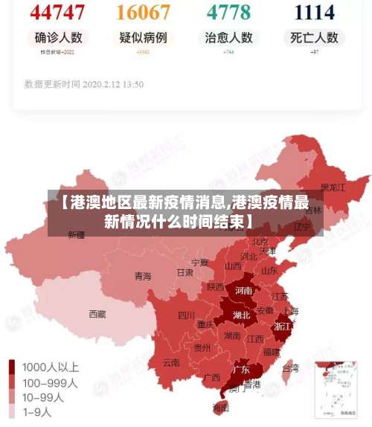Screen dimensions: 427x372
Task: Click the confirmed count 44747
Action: pyautogui.click(x=58, y=12)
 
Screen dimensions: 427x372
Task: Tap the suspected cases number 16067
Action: pyautogui.click(x=143, y=12)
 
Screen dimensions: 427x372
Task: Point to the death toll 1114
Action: pyautogui.click(x=315, y=12)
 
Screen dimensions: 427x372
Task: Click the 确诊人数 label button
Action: pyautogui.click(x=58, y=37)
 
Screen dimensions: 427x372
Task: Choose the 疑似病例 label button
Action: pyautogui.click(x=143, y=37)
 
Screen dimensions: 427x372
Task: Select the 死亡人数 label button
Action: pyautogui.click(x=315, y=37)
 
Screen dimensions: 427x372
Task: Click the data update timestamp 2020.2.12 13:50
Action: pyautogui.click(x=83, y=84)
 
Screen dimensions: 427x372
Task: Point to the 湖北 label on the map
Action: pyautogui.click(x=241, y=315)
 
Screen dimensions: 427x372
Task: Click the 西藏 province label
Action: pyautogui.click(x=97, y=314)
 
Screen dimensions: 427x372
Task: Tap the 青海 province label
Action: pyautogui.click(x=143, y=276)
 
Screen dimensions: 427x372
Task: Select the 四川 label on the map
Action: pyautogui.click(x=186, y=315)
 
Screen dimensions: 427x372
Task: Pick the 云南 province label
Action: pyautogui.click(x=171, y=363)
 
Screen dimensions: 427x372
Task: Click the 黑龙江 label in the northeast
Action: pyautogui.click(x=333, y=187)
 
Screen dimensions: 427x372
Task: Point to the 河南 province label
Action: pyautogui.click(x=243, y=291)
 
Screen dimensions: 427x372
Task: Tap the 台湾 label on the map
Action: pyautogui.click(x=290, y=367)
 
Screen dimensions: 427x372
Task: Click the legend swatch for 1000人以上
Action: pyautogui.click(x=13, y=367)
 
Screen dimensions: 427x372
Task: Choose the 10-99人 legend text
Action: pyautogui.click(x=43, y=396)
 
